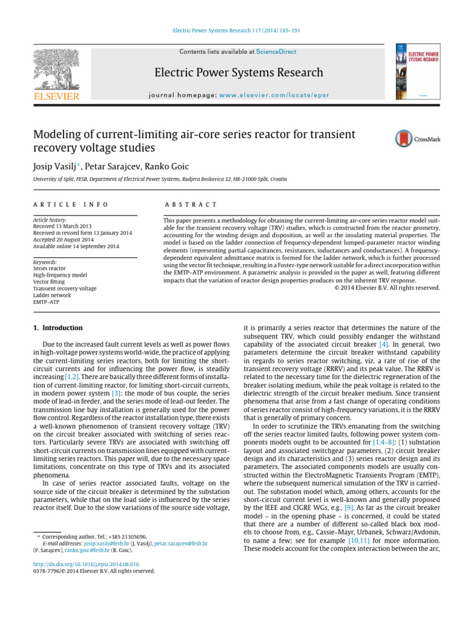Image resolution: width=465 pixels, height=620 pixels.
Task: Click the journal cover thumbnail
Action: [x=418, y=71]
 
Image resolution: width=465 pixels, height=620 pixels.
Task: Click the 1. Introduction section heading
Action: [x=58, y=328]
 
